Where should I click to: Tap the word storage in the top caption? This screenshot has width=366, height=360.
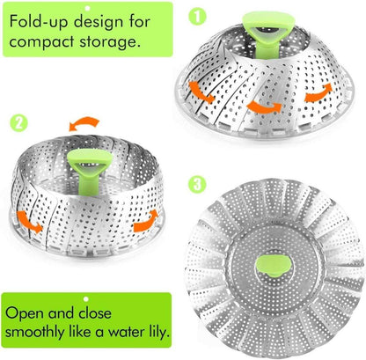click(106, 41)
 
